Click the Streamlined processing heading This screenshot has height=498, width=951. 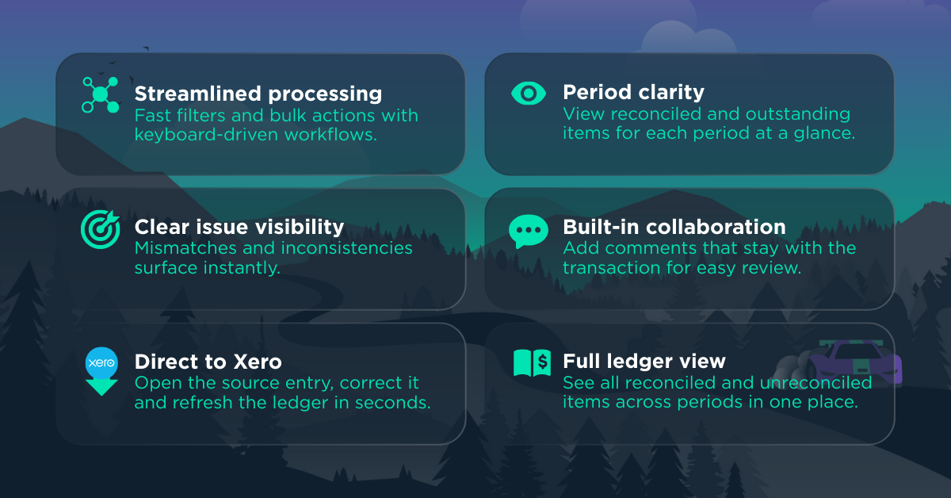258,94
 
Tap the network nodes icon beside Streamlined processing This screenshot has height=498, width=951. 100,94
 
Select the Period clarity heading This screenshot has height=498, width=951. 633,92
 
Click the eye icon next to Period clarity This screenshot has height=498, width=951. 529,94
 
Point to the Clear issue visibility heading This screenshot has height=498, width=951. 239,227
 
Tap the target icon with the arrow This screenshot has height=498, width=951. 100,229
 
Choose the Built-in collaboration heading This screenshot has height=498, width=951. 674,227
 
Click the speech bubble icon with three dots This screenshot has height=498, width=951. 528,231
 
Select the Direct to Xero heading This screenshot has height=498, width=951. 208,362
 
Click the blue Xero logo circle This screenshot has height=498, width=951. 101,363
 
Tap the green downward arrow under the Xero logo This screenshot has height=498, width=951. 101,387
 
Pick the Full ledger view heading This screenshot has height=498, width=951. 644,362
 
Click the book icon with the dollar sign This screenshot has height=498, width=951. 532,363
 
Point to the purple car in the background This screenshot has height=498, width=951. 855,362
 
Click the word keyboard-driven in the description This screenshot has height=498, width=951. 206,135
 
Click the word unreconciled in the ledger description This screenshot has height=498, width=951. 816,383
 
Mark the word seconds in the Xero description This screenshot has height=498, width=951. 393,403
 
